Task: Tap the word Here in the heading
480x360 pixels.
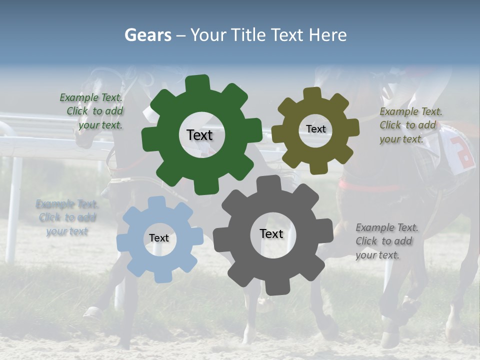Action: tap(327, 35)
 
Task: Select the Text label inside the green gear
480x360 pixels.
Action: tap(199, 135)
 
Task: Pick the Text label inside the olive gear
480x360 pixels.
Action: tap(315, 129)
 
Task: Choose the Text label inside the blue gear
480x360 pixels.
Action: tap(159, 238)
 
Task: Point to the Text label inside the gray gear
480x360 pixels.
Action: tap(271, 233)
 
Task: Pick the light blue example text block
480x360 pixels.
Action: tap(67, 217)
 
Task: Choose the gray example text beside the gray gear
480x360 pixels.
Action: tap(386, 241)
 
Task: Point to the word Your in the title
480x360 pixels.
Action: tap(209, 35)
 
